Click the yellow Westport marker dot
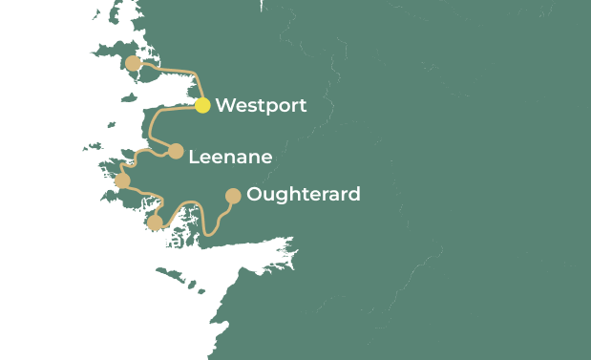pos(202,105)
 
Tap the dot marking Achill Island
pos(133,64)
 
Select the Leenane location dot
pos(176,151)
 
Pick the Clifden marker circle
pos(122,180)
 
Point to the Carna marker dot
pos(155,222)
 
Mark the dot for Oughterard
pos(232,196)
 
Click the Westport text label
pos(261,106)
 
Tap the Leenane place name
pos(230,158)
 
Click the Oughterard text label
pos(303,195)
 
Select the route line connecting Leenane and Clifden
pos(140,152)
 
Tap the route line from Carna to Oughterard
pos(196,203)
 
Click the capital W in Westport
pos(224,106)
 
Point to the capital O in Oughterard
pos(254,195)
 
